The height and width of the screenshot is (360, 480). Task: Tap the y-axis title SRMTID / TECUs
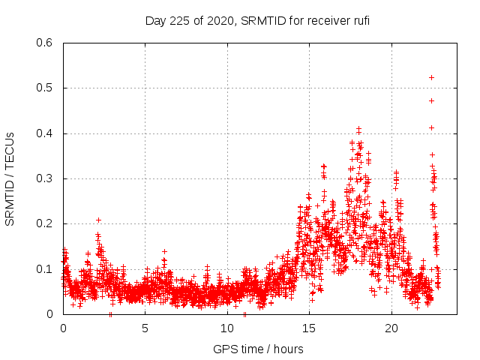[x=10, y=178]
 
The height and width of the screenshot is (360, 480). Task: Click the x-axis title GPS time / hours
[x=258, y=349]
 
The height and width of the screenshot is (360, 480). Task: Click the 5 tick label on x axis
[x=145, y=328]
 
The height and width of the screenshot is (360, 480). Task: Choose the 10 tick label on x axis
[x=227, y=328]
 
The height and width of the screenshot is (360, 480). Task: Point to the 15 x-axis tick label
[x=309, y=328]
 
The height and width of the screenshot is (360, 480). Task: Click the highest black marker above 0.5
[x=431, y=77]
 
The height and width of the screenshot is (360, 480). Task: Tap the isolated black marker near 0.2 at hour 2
[x=98, y=220]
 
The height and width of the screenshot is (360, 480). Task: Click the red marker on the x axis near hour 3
[x=111, y=314]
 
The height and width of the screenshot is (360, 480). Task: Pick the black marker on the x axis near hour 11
[x=244, y=314]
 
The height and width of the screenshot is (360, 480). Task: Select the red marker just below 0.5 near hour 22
[x=431, y=100]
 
